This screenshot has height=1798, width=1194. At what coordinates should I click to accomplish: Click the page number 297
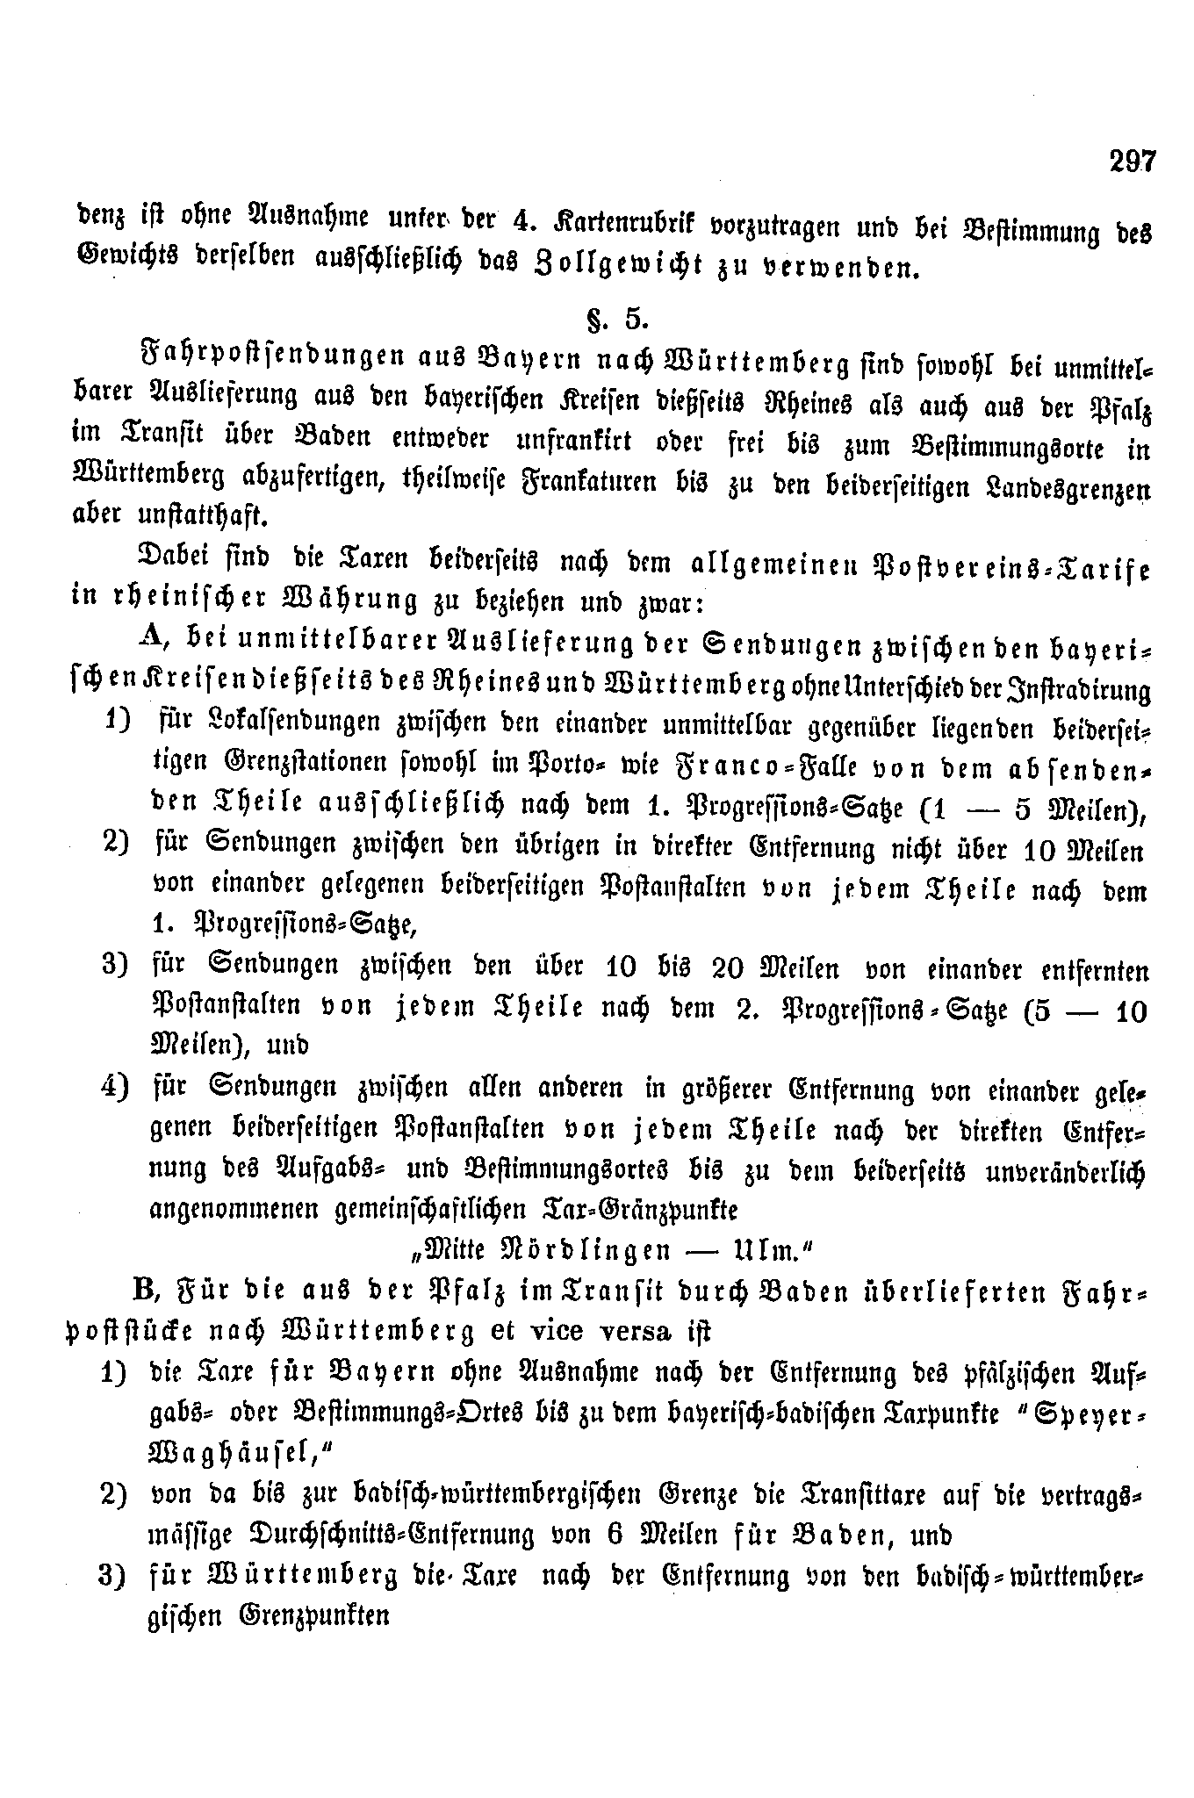coord(1133,162)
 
